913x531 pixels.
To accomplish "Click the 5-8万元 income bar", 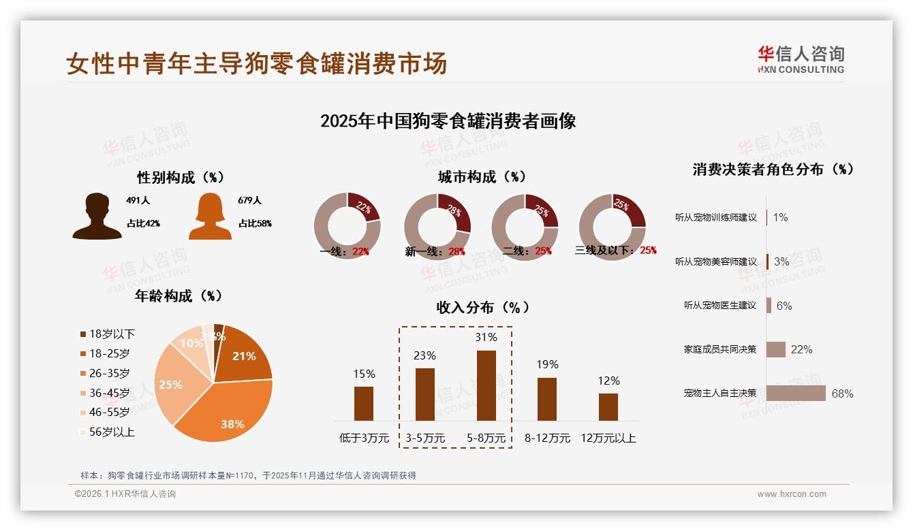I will [x=486, y=385].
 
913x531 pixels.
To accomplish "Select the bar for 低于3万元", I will [x=364, y=404].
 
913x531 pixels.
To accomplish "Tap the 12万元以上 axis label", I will [x=608, y=438].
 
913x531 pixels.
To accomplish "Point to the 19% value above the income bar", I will [x=546, y=364].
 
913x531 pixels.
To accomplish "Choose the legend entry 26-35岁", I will [x=105, y=373].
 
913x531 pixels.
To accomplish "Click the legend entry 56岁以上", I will [x=107, y=432].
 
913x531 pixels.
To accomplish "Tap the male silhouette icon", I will [x=97, y=216].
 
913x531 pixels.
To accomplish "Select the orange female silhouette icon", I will [x=210, y=216].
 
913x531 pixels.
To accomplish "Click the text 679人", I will [x=250, y=200].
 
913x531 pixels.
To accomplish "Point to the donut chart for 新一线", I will [x=437, y=227].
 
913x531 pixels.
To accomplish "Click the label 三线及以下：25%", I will [x=615, y=251].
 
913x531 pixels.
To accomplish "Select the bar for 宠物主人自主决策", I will [x=796, y=393].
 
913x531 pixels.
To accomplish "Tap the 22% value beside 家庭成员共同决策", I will [x=801, y=349].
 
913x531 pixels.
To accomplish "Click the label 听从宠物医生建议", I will [x=720, y=306].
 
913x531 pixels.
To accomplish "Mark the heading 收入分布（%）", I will [x=482, y=307].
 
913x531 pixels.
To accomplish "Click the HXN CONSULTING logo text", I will [x=801, y=69].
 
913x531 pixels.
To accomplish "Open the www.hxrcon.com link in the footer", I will [x=792, y=494].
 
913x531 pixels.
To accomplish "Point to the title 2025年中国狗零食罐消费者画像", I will [x=448, y=121].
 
